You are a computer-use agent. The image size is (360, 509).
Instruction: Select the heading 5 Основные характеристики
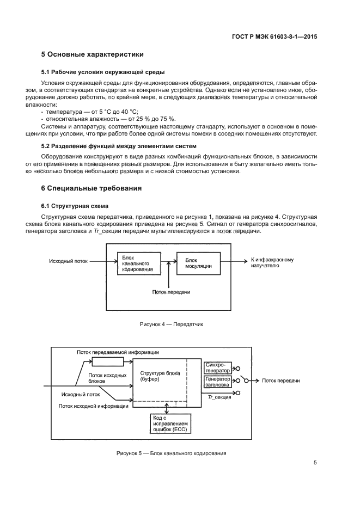pos(93,54)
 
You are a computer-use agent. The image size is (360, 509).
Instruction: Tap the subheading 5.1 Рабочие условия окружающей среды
pos(103,72)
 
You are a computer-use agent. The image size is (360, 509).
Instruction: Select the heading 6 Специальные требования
pos(91,188)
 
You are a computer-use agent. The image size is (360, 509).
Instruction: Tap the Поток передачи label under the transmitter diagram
pos(170,292)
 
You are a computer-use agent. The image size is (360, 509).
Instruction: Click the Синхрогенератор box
pos(218,367)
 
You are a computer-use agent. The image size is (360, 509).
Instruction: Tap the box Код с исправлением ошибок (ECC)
pos(171,423)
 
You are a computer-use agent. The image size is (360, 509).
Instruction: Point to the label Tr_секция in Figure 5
pos(219,397)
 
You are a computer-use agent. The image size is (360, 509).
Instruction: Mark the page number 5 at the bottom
pos(315,463)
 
